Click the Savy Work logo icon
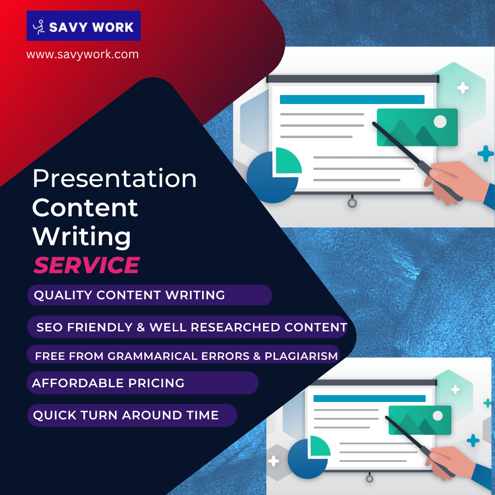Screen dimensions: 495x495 coord(39,27)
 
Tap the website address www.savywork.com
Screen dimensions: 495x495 coord(82,55)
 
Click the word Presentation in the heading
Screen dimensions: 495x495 coord(115,178)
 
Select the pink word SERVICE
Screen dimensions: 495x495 coord(87,265)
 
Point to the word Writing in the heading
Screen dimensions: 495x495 coord(82,236)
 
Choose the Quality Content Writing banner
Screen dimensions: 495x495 coord(149,295)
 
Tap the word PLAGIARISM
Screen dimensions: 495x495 coord(301,356)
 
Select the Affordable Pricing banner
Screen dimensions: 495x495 coord(142,383)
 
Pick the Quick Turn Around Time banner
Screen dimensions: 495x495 coord(132,416)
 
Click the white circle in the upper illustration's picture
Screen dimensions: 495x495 coord(440,121)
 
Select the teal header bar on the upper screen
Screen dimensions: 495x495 coord(352,99)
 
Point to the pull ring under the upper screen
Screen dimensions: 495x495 coord(352,203)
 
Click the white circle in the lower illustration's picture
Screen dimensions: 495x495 coord(438,416)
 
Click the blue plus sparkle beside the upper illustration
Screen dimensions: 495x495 coord(485,154)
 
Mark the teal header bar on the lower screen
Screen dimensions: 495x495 coord(369,398)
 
